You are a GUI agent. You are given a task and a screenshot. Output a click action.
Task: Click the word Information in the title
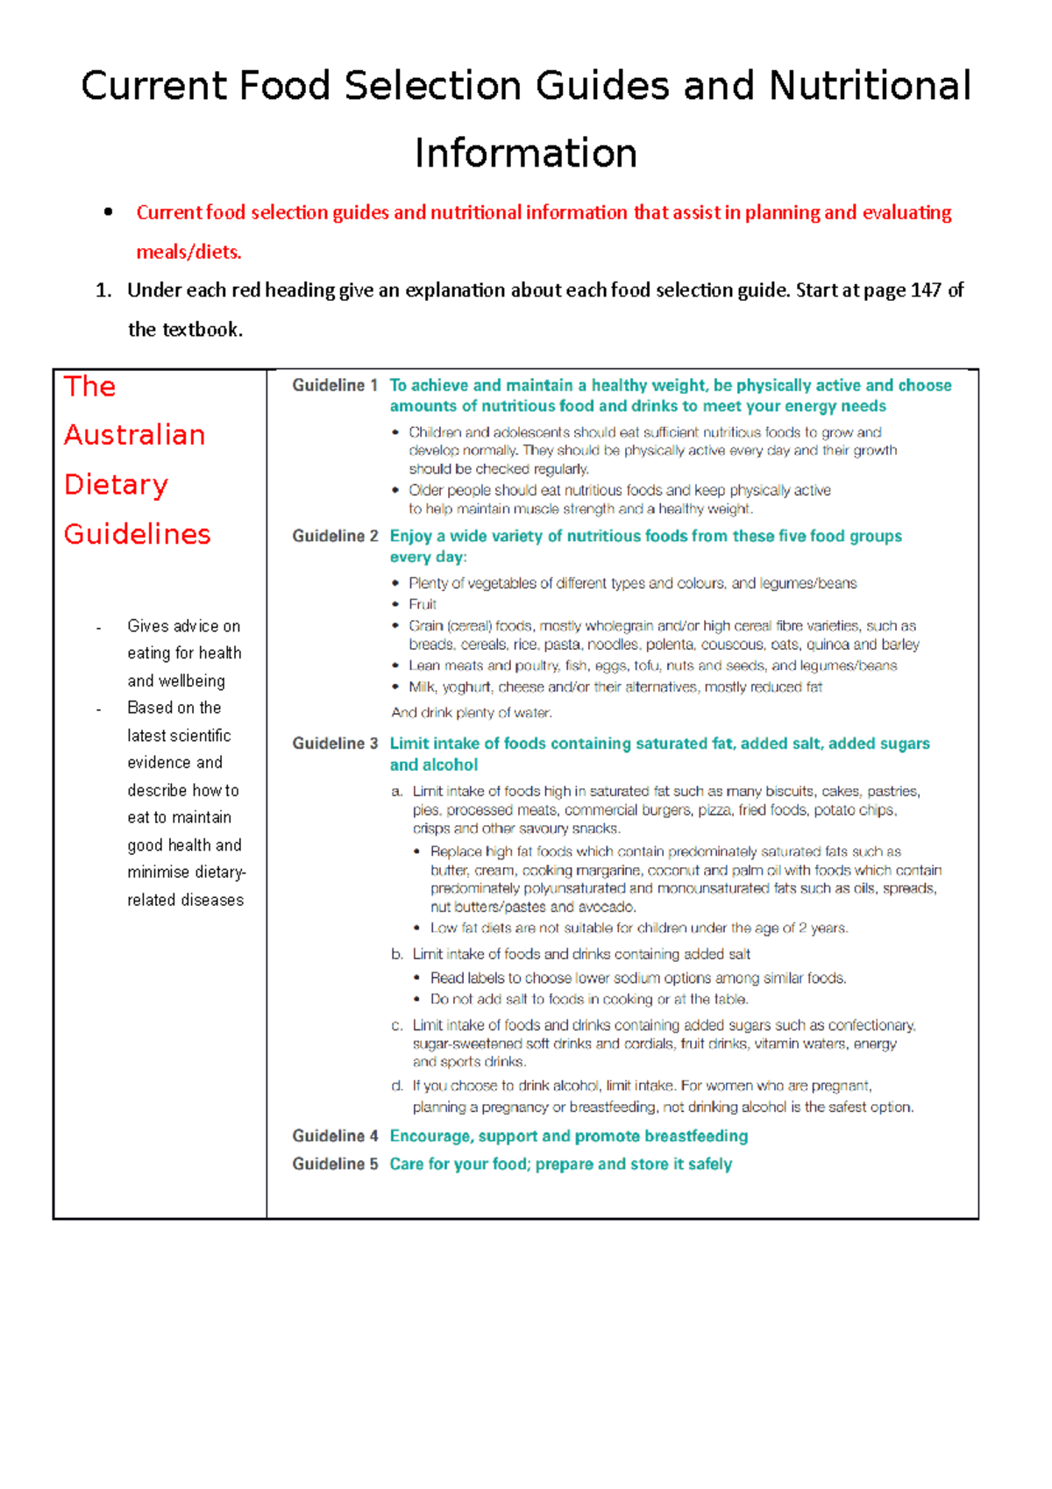pyautogui.click(x=525, y=153)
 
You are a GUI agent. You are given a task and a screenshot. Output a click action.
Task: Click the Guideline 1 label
pyautogui.click(x=335, y=385)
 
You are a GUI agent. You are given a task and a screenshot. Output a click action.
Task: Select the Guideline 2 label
pyautogui.click(x=335, y=536)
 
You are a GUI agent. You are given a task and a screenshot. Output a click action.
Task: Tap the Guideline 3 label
pyautogui.click(x=335, y=744)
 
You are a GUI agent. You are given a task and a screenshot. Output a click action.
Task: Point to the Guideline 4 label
pyautogui.click(x=335, y=1136)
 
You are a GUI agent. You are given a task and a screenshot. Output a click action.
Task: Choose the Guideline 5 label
pyautogui.click(x=335, y=1164)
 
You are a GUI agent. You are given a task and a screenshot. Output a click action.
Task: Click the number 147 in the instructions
pyautogui.click(x=926, y=290)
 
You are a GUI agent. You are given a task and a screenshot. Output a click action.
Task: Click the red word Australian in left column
pyautogui.click(x=134, y=435)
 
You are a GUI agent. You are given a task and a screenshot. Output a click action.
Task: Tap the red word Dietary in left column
pyautogui.click(x=116, y=485)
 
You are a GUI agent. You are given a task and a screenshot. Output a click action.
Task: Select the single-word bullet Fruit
pyautogui.click(x=423, y=604)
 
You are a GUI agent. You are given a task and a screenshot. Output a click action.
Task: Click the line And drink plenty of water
pyautogui.click(x=471, y=713)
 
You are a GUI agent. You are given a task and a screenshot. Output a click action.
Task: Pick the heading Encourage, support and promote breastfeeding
pyautogui.click(x=568, y=1136)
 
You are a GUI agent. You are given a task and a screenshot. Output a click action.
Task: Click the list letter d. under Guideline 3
pyautogui.click(x=397, y=1086)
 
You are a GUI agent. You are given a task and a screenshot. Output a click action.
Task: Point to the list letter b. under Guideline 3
pyautogui.click(x=397, y=954)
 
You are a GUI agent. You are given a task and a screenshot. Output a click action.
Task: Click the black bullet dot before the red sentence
pyautogui.click(x=108, y=211)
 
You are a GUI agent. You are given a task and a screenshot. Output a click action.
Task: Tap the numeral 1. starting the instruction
pyautogui.click(x=103, y=290)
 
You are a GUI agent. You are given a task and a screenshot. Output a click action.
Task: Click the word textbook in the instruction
pyautogui.click(x=200, y=330)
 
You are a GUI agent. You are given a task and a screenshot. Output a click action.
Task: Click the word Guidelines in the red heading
pyautogui.click(x=137, y=534)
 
